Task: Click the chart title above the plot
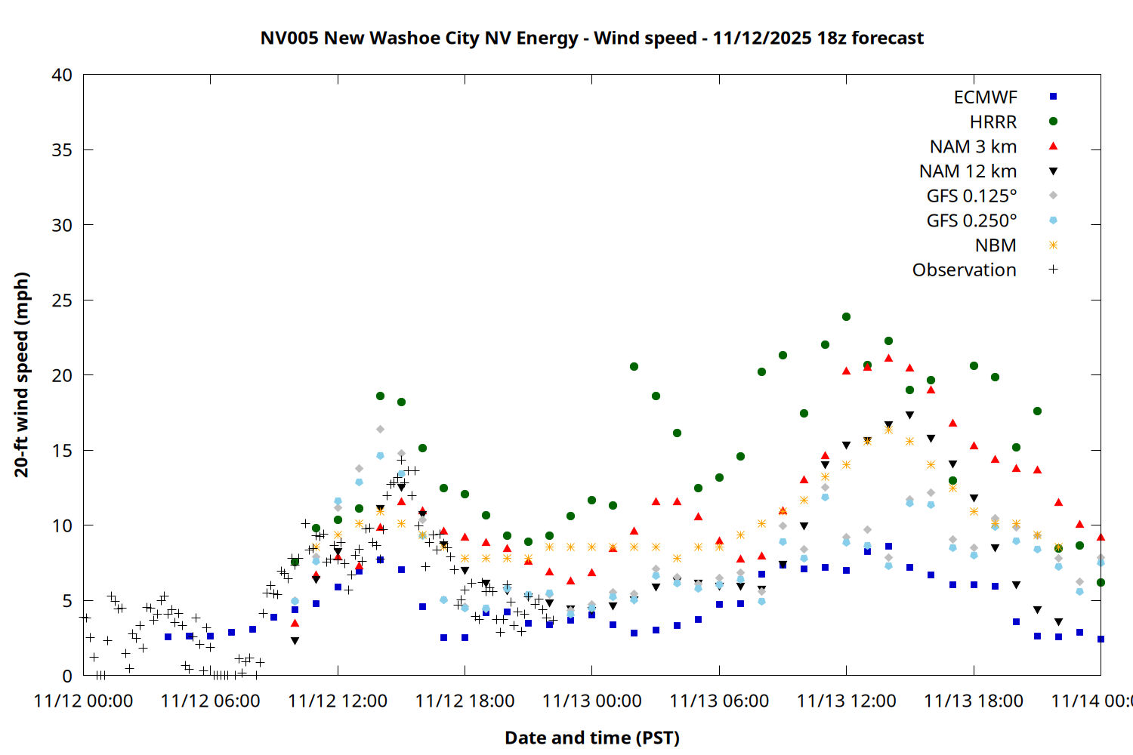pyautogui.click(x=591, y=38)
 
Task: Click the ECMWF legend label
pyautogui.click(x=985, y=97)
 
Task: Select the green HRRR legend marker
pyautogui.click(x=1053, y=122)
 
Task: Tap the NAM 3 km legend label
pyautogui.click(x=973, y=146)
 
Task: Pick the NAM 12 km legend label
pyautogui.click(x=968, y=171)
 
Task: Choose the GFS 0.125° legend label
pyautogui.click(x=971, y=196)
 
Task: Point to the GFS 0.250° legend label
pyautogui.click(x=971, y=220)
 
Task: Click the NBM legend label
pyautogui.click(x=996, y=245)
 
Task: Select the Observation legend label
pyautogui.click(x=964, y=270)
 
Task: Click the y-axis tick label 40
pyautogui.click(x=62, y=75)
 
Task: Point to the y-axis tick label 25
pyautogui.click(x=62, y=300)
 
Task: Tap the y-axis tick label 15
pyautogui.click(x=62, y=451)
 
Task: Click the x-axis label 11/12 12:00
pyautogui.click(x=338, y=701)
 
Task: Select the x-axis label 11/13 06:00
pyautogui.click(x=719, y=701)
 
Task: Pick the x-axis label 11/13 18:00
pyautogui.click(x=974, y=701)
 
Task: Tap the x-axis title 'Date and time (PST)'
pyautogui.click(x=591, y=738)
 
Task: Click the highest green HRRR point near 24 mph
pyautogui.click(x=846, y=317)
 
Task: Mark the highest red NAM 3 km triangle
pyautogui.click(x=888, y=359)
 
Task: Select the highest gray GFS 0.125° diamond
pyautogui.click(x=380, y=429)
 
